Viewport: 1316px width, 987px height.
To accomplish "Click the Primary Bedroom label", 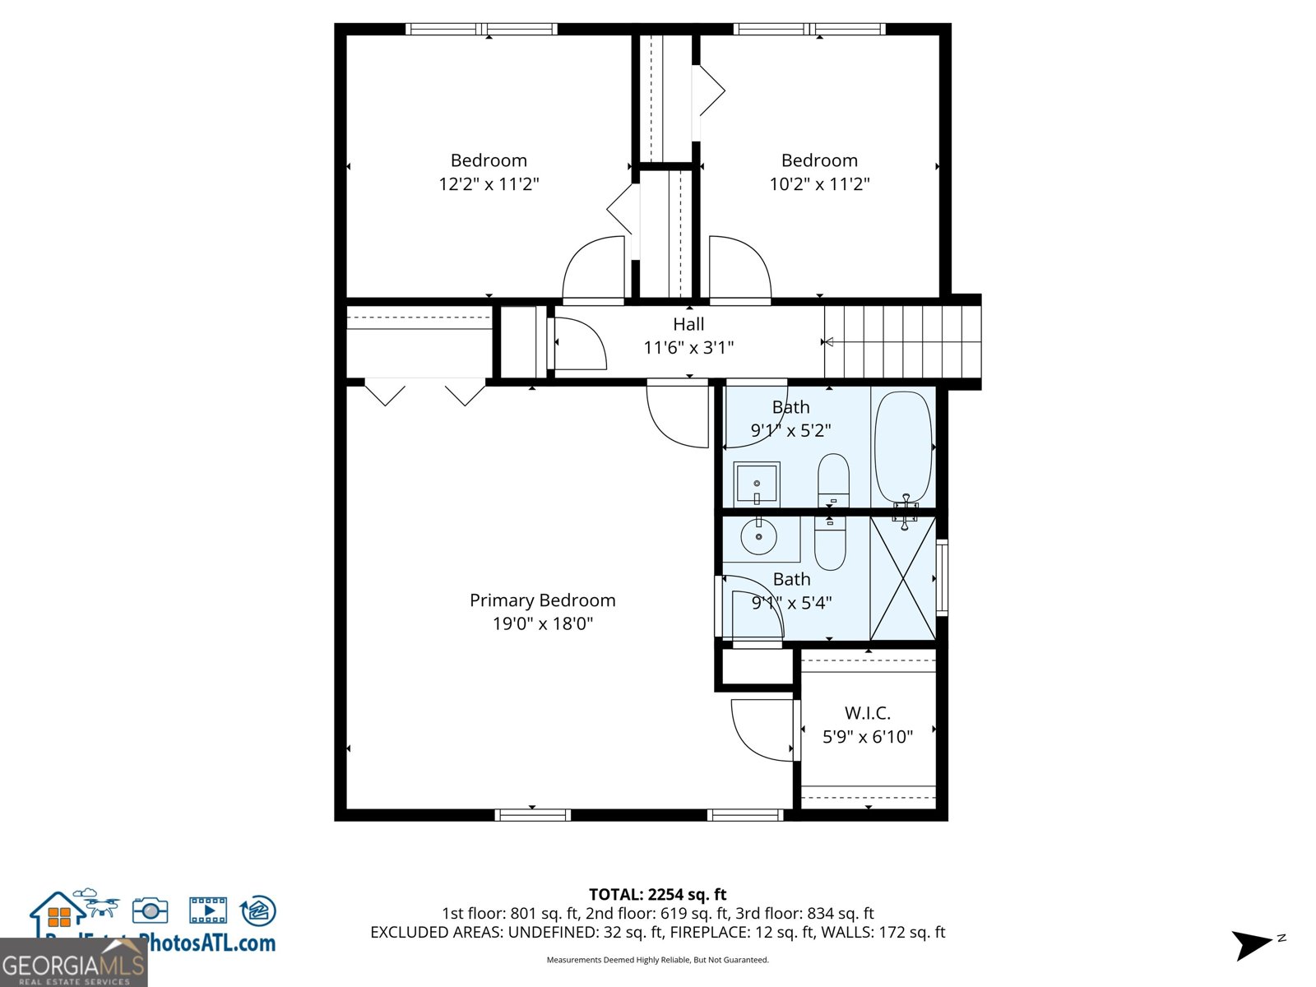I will pos(542,600).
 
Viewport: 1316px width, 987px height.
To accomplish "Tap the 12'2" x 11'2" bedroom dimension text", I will pos(489,183).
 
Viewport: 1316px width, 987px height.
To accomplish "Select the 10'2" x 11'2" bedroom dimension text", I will pos(819,183).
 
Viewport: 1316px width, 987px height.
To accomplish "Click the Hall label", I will pos(688,324).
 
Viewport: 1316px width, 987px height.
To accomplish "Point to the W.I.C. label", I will pos(868,713).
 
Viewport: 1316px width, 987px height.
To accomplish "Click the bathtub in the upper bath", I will pos(903,448).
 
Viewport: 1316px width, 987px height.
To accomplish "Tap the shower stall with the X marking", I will pos(903,577).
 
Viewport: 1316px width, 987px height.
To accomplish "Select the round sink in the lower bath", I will pos(758,538).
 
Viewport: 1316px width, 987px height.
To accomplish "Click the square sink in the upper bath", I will pos(756,484).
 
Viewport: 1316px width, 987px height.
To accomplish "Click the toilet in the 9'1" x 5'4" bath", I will pos(830,543).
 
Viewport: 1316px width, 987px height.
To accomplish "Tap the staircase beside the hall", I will pos(903,342).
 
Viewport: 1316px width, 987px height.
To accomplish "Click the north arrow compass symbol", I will pos(1253,944).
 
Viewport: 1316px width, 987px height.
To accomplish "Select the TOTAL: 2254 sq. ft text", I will pos(657,894).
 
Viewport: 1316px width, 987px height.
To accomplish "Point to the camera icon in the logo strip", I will pos(150,910).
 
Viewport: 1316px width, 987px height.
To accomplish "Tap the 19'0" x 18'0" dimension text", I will pos(542,623).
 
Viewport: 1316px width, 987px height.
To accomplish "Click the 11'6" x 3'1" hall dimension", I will pos(688,348).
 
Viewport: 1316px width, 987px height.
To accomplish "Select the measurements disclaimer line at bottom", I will pos(657,960).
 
